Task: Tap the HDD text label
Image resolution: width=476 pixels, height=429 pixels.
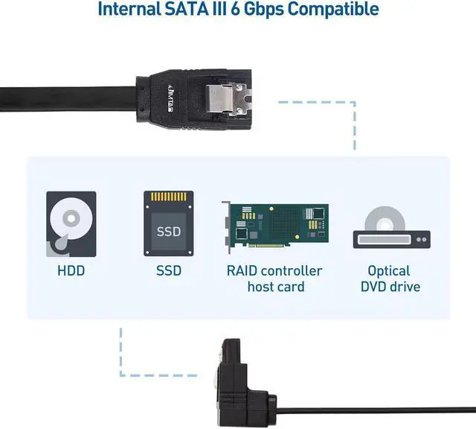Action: (x=71, y=270)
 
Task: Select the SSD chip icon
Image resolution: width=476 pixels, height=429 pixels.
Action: (x=169, y=224)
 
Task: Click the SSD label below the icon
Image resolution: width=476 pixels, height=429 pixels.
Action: (x=169, y=270)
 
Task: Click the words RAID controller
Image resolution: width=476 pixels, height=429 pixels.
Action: (x=274, y=270)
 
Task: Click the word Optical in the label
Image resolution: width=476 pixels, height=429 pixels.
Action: (x=389, y=270)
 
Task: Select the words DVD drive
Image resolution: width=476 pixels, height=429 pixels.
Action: (x=390, y=287)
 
